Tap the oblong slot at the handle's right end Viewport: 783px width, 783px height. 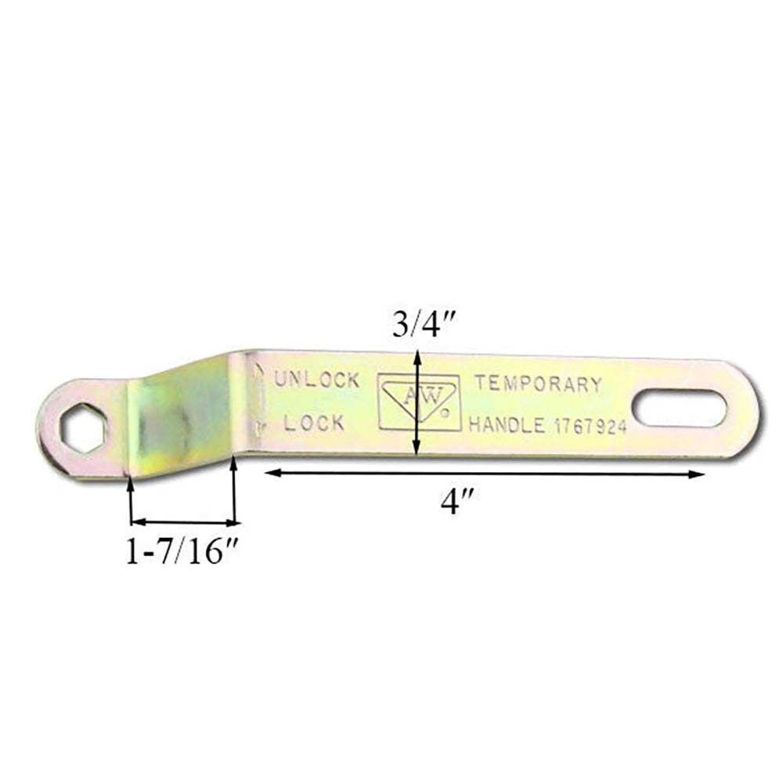coord(679,408)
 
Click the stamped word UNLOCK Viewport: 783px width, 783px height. coord(316,381)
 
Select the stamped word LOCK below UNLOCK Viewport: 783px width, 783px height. coord(314,424)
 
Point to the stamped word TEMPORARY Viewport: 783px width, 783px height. coord(539,384)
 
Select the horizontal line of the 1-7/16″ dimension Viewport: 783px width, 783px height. coord(182,521)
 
